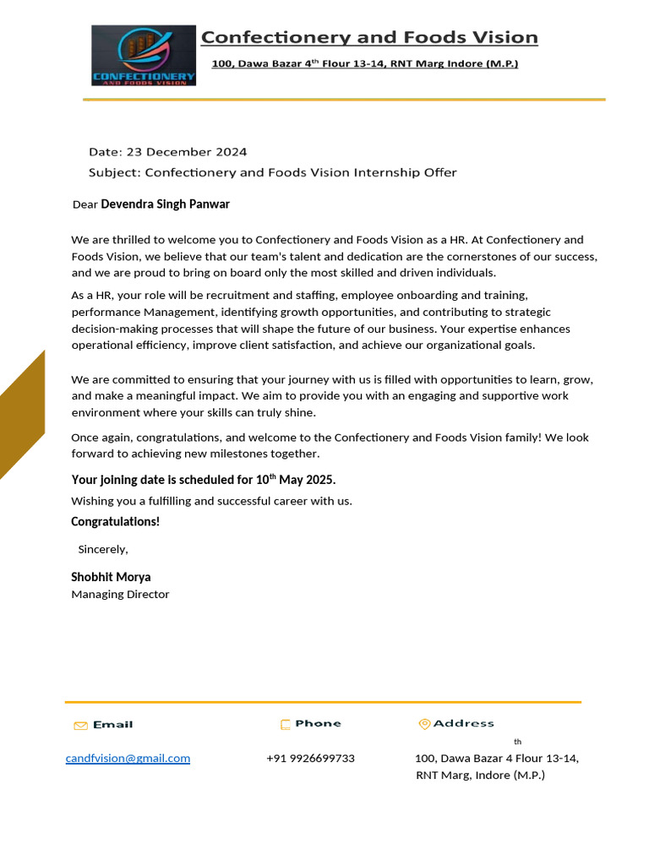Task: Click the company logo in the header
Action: point(144,55)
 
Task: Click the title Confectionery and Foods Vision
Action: point(368,37)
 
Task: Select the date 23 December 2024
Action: point(187,152)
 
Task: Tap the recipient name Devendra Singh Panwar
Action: point(165,204)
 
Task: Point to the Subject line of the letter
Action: point(272,172)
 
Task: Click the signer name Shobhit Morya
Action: point(111,577)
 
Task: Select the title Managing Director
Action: point(120,595)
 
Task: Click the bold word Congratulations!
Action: point(115,522)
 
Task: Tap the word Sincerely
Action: point(102,549)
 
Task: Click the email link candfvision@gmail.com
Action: point(128,759)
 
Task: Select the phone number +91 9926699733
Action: point(310,759)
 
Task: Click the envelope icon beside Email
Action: point(80,726)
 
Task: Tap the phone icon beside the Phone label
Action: point(286,725)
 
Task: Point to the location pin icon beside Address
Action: point(424,724)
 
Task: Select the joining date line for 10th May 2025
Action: point(203,480)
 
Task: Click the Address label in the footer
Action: point(463,724)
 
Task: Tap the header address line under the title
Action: point(364,64)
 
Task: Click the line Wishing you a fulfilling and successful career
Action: point(211,501)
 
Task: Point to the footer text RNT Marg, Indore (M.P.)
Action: point(480,775)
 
